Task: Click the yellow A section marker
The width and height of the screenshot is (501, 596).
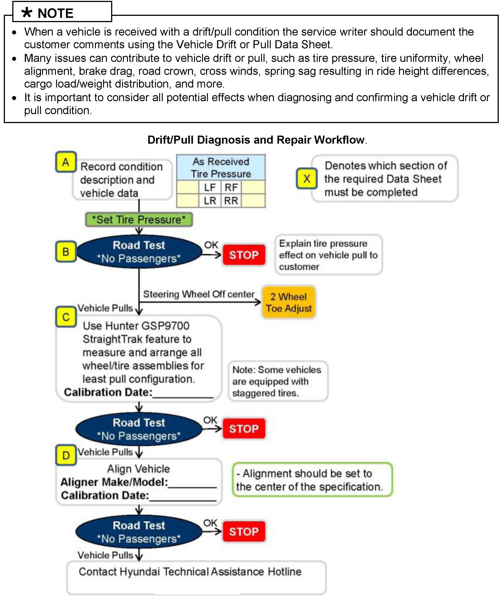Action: [66, 162]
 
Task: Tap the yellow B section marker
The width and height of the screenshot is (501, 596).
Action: [66, 252]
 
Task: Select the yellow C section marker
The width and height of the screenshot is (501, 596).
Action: [66, 317]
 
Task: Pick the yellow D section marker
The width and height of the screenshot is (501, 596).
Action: [66, 455]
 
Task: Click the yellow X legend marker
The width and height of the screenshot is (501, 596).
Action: [307, 178]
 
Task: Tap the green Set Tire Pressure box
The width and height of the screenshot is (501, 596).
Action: [139, 220]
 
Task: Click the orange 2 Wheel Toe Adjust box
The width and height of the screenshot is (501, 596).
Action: [289, 302]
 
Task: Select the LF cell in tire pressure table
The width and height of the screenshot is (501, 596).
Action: [210, 187]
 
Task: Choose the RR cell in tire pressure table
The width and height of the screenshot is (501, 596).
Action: [231, 201]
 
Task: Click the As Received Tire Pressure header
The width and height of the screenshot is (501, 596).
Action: [221, 168]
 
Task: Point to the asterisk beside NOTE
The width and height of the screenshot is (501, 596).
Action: [27, 13]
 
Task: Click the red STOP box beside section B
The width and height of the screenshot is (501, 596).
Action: [244, 255]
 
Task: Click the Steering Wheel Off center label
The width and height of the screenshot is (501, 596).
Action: [199, 294]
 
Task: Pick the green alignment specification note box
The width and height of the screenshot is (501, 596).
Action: [312, 480]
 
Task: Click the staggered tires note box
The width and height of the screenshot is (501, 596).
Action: [278, 381]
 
